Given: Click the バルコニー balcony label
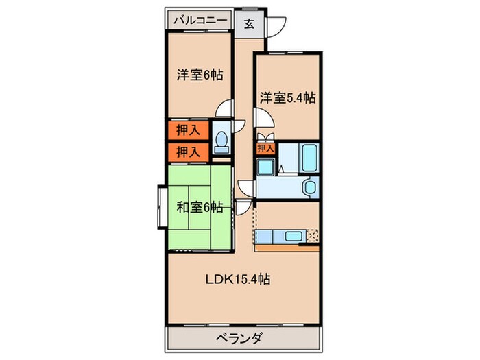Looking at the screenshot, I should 200,21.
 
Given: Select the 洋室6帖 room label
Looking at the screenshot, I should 200,75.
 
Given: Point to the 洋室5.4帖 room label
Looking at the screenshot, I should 287,98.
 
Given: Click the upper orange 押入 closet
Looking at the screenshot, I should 185,130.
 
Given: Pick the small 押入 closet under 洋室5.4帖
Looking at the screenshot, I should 265,148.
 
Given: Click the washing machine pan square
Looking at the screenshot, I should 266,166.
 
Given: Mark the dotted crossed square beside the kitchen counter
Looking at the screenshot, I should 312,236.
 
